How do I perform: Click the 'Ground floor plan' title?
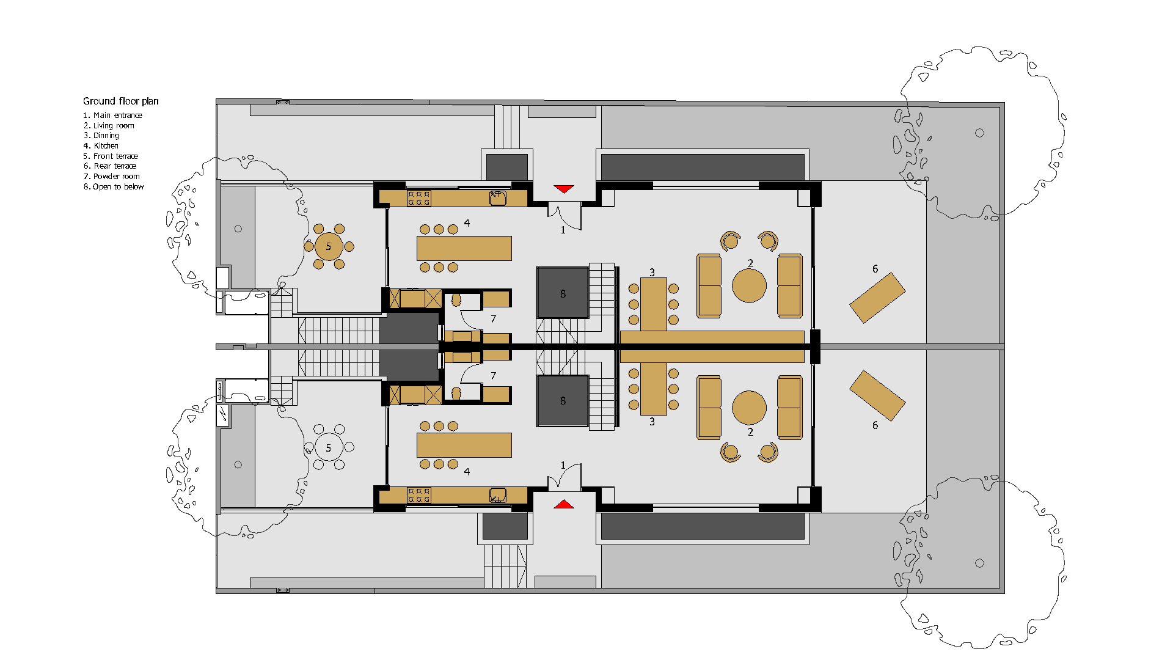tap(120, 101)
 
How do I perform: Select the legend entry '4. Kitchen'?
tap(101, 146)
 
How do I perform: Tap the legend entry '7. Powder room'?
tap(111, 177)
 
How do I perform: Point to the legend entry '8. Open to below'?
tap(114, 187)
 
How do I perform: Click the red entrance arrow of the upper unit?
tap(563, 189)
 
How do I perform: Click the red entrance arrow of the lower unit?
tap(563, 504)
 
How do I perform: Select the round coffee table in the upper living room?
tap(749, 285)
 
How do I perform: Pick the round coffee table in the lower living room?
tap(749, 408)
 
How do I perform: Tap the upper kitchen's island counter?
tap(464, 248)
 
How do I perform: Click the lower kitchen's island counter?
tap(464, 445)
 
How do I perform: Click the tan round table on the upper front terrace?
tap(329, 246)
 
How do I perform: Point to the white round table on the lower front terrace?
tap(329, 448)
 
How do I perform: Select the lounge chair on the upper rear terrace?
tap(877, 298)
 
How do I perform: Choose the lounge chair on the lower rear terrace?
tap(877, 395)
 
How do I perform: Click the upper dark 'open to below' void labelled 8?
tap(563, 293)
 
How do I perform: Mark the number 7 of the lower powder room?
tap(493, 376)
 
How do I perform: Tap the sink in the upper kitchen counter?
tap(497, 198)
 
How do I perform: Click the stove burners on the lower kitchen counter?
tap(419, 495)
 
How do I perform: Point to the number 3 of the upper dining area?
tap(652, 273)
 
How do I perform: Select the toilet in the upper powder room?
tap(456, 300)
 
